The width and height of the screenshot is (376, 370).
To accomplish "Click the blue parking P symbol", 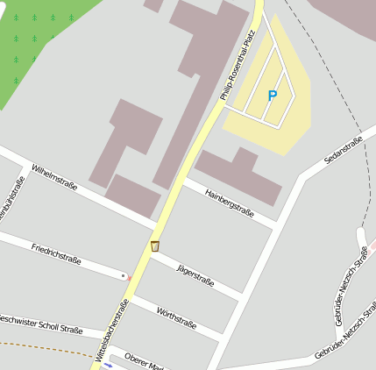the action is coord(272,95).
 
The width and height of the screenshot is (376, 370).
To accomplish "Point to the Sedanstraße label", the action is coord(343,151).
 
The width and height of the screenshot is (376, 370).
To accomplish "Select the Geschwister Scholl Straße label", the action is coord(39,324).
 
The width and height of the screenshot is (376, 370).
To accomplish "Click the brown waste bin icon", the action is coord(155,246).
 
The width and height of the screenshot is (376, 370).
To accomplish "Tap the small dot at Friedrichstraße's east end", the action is coord(124,276).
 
